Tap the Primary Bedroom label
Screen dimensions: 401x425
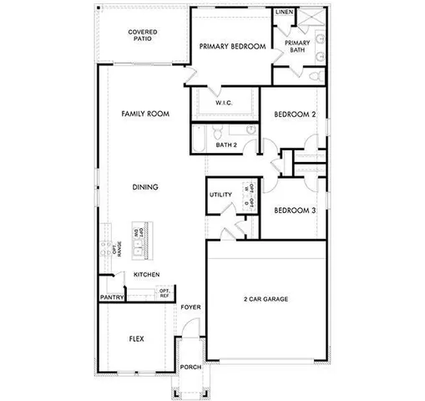pos(232,47)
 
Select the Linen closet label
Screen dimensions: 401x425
pos(284,13)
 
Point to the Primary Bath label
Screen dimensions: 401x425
pos(297,46)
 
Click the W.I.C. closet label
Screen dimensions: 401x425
pos(223,103)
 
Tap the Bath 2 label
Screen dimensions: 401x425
pos(227,145)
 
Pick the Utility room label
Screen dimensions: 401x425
pos(220,195)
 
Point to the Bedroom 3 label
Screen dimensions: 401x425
pos(294,211)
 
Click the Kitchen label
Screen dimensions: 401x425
pos(146,275)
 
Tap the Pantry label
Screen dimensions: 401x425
pos(112,297)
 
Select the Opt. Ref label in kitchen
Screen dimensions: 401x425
pos(164,293)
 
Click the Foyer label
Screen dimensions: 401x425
pos(191,307)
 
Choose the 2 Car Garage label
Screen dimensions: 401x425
pos(266,298)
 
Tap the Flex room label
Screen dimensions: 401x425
pos(136,339)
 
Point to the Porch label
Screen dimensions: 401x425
pos(190,367)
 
